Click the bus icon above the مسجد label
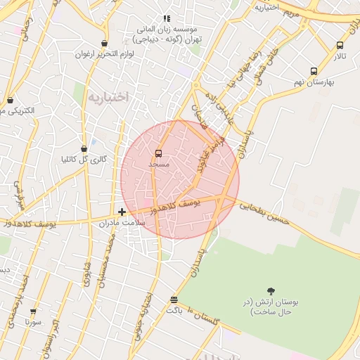tap(158, 153)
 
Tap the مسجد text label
tap(160, 164)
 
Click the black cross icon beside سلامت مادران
tap(122, 212)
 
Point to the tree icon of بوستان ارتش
tap(271, 290)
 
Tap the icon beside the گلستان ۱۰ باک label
tap(174, 300)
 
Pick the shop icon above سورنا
tap(33, 311)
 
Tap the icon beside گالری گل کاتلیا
tap(84, 148)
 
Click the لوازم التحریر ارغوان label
tap(105, 54)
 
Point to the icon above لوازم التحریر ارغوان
tap(105, 44)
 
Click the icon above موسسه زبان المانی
tap(167, 18)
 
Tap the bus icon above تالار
tap(340, 45)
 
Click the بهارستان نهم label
tap(314, 82)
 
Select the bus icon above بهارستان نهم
tap(314, 71)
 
